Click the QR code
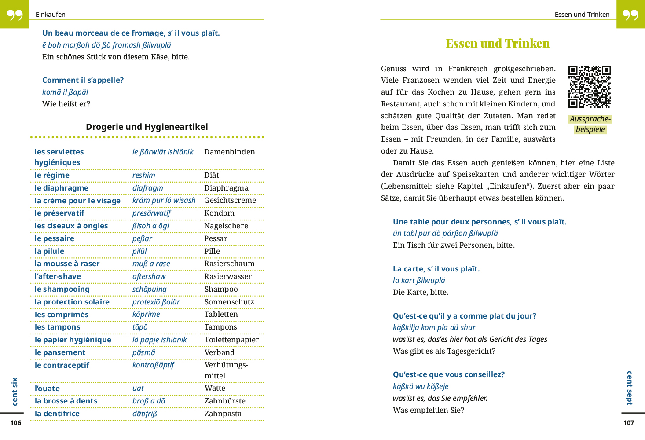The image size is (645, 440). (589, 87)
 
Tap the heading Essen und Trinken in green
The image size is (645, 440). (498, 43)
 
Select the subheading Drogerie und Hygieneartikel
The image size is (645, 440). (147, 127)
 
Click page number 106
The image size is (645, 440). (16, 423)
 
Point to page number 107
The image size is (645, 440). (629, 423)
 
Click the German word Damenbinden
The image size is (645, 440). (229, 152)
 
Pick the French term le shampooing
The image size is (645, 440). (62, 289)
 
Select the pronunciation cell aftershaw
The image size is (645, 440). (149, 276)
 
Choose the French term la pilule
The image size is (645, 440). (49, 251)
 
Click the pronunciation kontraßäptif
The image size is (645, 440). (153, 365)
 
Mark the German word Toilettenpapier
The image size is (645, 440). (231, 340)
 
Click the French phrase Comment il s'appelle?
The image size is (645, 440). (83, 80)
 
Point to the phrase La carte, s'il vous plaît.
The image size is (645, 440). (436, 269)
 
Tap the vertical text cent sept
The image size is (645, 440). (630, 388)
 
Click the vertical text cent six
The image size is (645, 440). (15, 391)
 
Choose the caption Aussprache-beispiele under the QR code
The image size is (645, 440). (590, 124)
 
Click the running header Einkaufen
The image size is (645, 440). (51, 15)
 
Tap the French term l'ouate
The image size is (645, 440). (47, 389)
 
